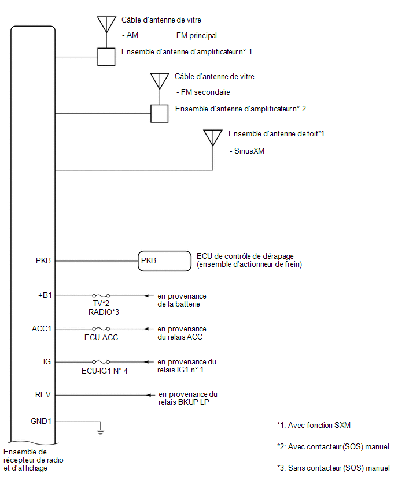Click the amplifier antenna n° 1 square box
point(106,57)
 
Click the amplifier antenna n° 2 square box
point(160,113)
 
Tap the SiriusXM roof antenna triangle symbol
point(213,137)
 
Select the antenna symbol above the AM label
point(106,24)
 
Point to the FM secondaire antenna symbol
point(160,81)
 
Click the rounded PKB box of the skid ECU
point(164,261)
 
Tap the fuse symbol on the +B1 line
point(101,296)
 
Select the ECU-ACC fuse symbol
point(101,329)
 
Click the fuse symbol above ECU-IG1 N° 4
point(101,362)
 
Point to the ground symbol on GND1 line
point(100,432)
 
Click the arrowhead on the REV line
point(149,395)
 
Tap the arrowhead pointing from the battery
point(146,296)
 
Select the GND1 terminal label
point(41,421)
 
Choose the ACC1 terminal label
point(41,329)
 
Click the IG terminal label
point(47,362)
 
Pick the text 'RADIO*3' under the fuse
point(104,312)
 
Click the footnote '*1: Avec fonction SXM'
point(314,425)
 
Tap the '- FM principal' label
point(194,35)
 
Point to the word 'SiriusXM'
point(249,151)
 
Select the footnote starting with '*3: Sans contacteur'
point(333,468)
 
